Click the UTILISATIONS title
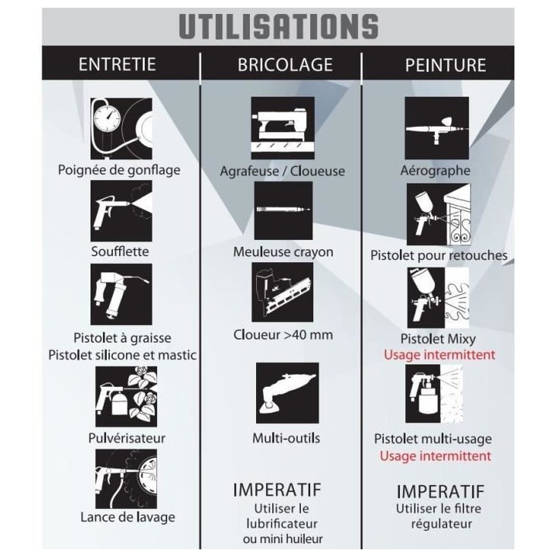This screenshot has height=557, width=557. tap(278, 26)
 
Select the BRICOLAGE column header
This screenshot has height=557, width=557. tap(285, 65)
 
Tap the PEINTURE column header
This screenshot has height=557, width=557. tap(446, 65)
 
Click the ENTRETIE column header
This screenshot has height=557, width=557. tap(118, 64)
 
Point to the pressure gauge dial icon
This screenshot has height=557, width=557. tap(121, 128)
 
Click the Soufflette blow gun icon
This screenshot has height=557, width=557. tap(121, 211)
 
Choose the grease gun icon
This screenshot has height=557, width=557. tap(121, 294)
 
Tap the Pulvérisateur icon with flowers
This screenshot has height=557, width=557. tap(126, 396)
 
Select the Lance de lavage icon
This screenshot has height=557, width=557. tap(126, 479)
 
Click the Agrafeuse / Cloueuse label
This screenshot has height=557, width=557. tap(282, 171)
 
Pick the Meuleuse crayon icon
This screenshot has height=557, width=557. tap(283, 210)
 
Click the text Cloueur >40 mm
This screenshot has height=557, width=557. tap(283, 335)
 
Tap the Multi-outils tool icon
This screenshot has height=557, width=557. tap(287, 393)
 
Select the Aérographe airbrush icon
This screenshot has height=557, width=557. tap(436, 128)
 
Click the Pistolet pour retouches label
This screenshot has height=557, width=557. tap(439, 255)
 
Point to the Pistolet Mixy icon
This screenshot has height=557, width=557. tap(438, 298)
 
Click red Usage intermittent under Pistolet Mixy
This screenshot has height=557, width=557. tap(439, 354)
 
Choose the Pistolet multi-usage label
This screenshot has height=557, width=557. tap(433, 439)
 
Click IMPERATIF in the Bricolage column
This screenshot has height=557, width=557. tap(277, 490)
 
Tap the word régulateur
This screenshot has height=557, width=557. tap(442, 524)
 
